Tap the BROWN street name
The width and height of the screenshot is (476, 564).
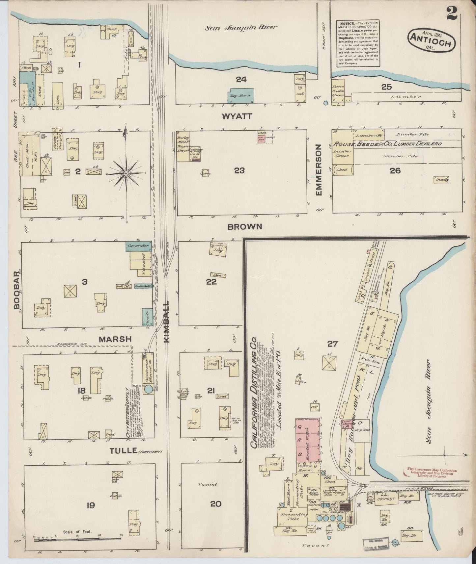coord(244,226)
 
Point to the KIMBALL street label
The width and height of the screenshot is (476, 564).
coord(167,322)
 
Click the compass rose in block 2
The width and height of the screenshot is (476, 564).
coord(126,173)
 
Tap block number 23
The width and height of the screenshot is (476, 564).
coord(239,170)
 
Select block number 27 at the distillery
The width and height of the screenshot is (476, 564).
coord(333,344)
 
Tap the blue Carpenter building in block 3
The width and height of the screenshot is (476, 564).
coord(138,246)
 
